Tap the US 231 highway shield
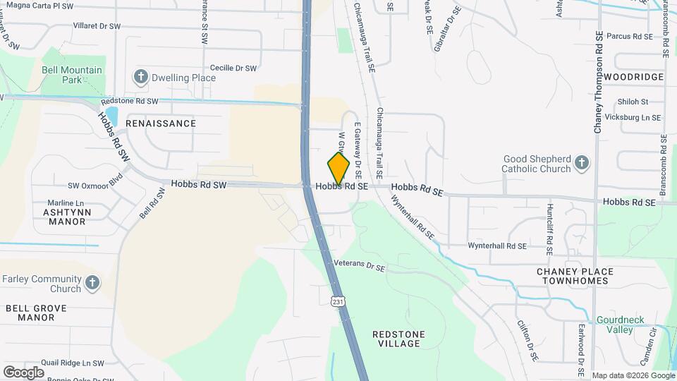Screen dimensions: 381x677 tap(338, 301)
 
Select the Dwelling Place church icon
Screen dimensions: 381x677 tap(140, 77)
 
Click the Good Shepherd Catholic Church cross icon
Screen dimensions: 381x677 tap(582, 164)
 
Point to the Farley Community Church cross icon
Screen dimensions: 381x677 tap(92, 284)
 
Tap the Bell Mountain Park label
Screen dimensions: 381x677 tap(72, 75)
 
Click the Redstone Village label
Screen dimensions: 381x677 tap(397, 338)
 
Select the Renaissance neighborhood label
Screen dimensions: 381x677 tap(161, 123)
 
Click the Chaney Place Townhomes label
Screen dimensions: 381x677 tap(573, 276)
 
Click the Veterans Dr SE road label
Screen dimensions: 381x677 tap(360, 266)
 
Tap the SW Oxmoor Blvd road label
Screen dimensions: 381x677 tap(95, 186)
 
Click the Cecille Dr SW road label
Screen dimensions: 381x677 tap(233, 68)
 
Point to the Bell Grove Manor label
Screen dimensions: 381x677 tap(36, 313)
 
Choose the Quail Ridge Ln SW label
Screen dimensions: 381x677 tap(73, 363)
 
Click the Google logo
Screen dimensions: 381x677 tap(23, 372)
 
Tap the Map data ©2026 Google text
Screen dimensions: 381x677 tap(633, 375)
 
